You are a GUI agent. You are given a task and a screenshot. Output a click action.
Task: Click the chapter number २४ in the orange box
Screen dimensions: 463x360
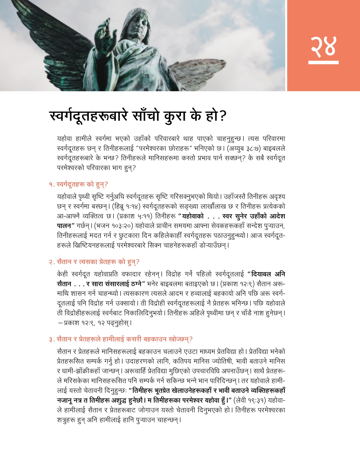point(323,46)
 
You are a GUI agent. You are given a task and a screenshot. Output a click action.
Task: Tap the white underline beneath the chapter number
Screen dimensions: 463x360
point(323,62)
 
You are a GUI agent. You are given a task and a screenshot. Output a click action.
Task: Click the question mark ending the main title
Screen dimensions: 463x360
point(223,116)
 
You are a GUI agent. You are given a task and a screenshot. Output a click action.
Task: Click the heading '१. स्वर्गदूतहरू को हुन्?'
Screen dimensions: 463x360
point(79,184)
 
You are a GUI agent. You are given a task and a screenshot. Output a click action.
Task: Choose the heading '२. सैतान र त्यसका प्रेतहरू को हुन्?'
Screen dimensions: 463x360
point(94,262)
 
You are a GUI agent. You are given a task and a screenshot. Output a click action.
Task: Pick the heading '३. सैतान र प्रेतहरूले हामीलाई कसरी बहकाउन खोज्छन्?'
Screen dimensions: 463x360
point(121,339)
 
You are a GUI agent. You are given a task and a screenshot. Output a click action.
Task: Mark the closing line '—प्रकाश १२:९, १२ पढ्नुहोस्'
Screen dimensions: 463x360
point(94,323)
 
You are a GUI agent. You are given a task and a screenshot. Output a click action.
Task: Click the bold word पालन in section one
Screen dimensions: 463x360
point(64,226)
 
